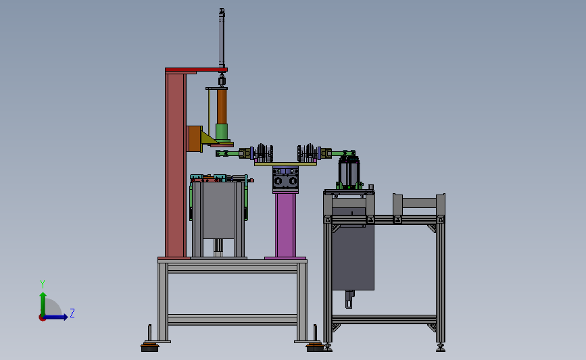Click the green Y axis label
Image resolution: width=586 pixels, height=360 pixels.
(x=43, y=284)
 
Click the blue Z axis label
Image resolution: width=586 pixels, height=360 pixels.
(x=72, y=313)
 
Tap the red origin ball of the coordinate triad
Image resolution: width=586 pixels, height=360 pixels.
(x=42, y=318)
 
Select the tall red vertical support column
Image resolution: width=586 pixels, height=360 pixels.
(x=176, y=165)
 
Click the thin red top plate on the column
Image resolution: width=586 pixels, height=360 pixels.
(x=196, y=70)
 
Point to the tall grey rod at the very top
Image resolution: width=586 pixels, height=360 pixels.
(x=222, y=38)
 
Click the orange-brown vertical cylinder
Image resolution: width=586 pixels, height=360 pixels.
(x=222, y=107)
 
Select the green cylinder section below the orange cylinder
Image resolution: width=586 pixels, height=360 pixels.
(x=222, y=132)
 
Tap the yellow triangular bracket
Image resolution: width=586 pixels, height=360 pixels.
(x=207, y=138)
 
